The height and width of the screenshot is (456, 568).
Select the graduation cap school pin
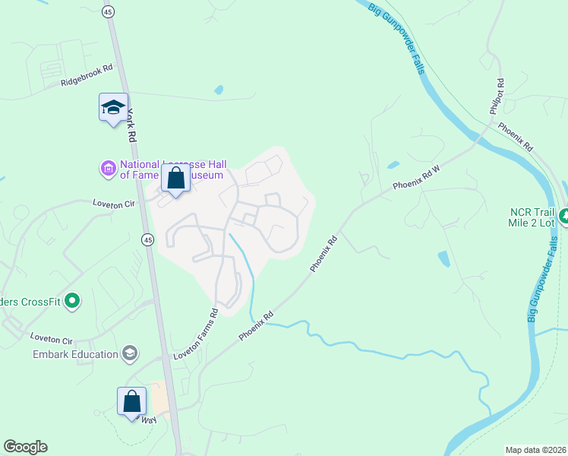[113, 108]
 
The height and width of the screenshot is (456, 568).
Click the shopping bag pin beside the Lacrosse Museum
[176, 181]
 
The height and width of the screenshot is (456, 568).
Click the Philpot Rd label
[497, 97]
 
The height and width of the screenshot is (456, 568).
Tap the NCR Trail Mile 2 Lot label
[532, 217]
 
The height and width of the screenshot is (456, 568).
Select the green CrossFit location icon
[73, 302]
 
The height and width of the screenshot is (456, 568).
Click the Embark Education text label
[76, 354]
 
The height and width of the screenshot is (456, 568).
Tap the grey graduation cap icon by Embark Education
[130, 353]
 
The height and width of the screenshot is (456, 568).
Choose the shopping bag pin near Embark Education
[131, 402]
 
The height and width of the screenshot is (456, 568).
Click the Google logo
[25, 447]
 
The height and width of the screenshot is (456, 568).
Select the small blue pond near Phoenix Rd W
[393, 164]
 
